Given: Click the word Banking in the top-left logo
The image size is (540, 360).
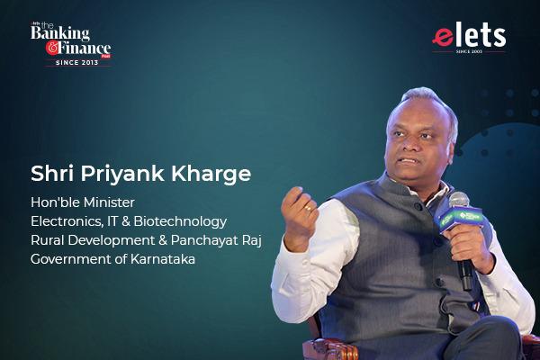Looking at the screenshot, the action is (60, 34).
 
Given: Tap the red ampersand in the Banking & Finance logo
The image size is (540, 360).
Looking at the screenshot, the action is (52, 49).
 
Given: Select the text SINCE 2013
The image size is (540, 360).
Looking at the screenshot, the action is (77, 62).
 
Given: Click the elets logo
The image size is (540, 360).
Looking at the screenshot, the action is (469, 38).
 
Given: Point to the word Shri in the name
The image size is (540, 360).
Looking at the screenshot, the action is (52, 174).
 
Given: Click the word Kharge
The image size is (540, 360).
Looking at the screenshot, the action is (211, 175).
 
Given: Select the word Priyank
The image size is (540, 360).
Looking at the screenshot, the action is (122, 175).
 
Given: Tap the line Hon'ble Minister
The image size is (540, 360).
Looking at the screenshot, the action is (83, 202).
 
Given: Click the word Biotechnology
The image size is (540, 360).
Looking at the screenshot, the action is (180, 222).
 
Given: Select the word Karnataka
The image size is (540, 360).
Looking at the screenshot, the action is (163, 259).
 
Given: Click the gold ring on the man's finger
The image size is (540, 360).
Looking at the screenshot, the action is (308, 208).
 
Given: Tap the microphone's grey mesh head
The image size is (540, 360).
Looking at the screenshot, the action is (459, 200).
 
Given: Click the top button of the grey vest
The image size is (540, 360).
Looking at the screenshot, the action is (418, 207).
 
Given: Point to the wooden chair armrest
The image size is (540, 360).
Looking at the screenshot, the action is (329, 348).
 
